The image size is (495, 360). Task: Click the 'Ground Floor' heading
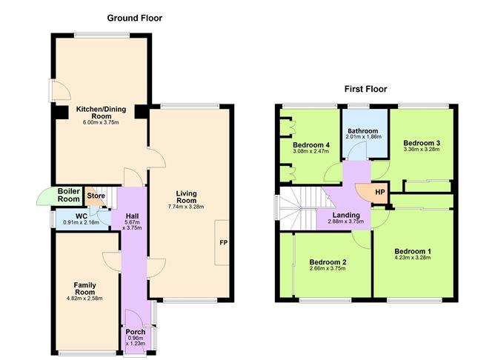(x=134, y=17)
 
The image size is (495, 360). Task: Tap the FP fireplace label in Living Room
(x=223, y=242)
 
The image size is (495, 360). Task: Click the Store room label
(x=96, y=196)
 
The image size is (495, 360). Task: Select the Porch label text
(x=135, y=331)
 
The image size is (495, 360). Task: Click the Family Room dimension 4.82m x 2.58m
(x=84, y=299)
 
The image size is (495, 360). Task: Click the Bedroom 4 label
(x=310, y=144)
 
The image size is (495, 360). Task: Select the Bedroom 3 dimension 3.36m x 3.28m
(x=422, y=149)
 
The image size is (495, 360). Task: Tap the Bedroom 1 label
(x=412, y=251)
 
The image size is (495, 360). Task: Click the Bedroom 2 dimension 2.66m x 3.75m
(x=328, y=269)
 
